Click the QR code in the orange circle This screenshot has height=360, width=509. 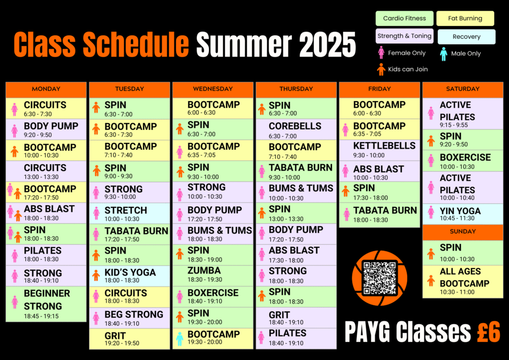[379, 278]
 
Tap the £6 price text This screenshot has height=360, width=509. [489, 332]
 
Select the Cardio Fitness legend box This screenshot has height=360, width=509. [405, 18]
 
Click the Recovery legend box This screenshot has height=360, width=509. [466, 37]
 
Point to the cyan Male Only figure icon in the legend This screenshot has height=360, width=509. [443, 54]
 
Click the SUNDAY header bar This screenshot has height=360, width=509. [463, 232]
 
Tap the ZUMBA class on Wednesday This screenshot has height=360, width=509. [213, 275]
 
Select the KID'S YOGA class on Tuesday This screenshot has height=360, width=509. [130, 276]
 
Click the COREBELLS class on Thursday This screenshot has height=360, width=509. [296, 129]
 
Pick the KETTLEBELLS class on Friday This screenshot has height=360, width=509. [379, 150]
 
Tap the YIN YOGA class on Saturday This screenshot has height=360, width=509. [463, 214]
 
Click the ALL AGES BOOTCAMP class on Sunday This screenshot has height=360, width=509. [463, 281]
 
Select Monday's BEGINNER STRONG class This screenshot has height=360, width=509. [46, 304]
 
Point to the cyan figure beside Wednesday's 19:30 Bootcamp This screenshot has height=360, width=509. [179, 339]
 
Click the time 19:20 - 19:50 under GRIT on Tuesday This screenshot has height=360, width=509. [122, 344]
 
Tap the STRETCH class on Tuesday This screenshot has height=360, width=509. [130, 213]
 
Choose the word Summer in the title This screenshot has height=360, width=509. [244, 45]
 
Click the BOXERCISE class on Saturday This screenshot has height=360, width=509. [463, 161]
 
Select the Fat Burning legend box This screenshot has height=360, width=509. [465, 18]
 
